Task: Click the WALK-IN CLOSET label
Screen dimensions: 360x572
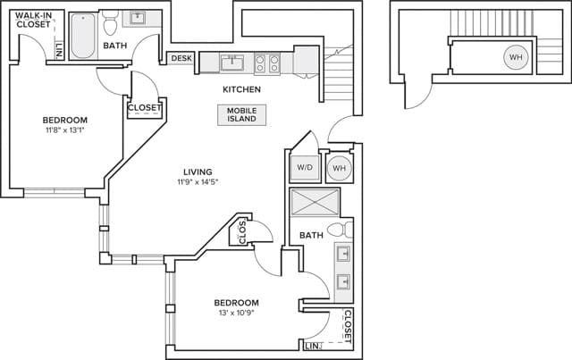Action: point(32,20)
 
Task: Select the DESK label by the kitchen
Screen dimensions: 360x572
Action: point(180,59)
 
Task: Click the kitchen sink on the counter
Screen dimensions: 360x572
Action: point(232,62)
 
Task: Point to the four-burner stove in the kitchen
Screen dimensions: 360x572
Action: point(265,63)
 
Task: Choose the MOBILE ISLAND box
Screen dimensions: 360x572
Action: point(241,115)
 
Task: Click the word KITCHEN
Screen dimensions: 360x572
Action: point(241,90)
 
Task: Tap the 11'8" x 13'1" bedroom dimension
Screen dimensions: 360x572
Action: point(64,131)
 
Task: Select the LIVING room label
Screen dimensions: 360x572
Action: point(198,172)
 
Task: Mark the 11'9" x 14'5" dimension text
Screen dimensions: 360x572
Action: point(198,182)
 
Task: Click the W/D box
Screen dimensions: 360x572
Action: point(304,167)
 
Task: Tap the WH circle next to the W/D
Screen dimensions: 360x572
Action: point(339,168)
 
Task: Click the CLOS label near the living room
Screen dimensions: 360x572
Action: point(243,234)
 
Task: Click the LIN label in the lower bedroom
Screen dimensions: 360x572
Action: point(311,346)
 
